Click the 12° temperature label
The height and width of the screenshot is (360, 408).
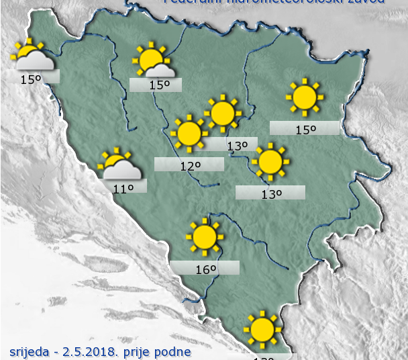point(189,165)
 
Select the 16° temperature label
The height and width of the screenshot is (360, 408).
point(205,269)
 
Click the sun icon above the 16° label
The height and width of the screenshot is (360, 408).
point(204,236)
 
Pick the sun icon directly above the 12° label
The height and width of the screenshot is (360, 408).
point(189,134)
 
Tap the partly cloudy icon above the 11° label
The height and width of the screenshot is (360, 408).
point(118,165)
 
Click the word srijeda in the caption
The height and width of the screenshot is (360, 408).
point(30,351)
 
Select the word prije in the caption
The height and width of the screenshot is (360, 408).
point(147,351)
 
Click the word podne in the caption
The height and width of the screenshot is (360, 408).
point(177,351)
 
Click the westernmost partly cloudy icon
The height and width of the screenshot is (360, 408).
point(31,57)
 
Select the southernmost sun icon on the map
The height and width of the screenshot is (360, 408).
point(261,329)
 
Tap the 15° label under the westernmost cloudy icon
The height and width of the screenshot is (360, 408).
point(30,79)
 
